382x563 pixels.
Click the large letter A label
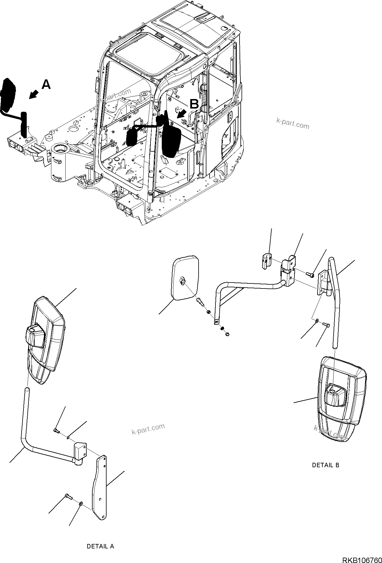46,85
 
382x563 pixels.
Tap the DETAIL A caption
100,546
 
